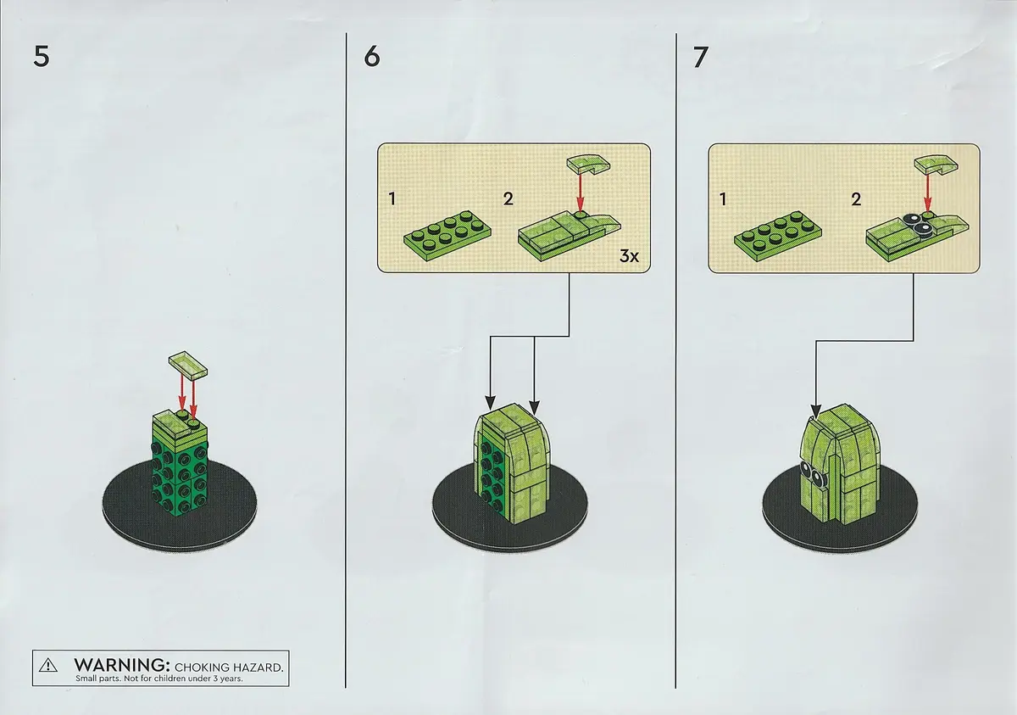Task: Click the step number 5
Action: pos(42,57)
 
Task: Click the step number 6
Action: pos(372,57)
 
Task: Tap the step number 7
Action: pos(701,57)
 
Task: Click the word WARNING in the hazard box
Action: pos(122,665)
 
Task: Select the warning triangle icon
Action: pos(48,666)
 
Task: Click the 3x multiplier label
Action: pos(629,256)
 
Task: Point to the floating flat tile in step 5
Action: pos(188,365)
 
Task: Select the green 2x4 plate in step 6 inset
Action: pos(447,231)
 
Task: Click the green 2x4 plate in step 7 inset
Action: pos(778,232)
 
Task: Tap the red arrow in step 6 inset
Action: pos(580,193)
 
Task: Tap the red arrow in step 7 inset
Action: pos(927,193)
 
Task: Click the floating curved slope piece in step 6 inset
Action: pos(588,165)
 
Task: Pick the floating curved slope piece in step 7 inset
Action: pos(936,165)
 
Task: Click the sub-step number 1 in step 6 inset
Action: pos(392,199)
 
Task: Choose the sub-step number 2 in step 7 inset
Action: pos(856,199)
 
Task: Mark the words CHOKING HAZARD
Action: pos(229,668)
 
